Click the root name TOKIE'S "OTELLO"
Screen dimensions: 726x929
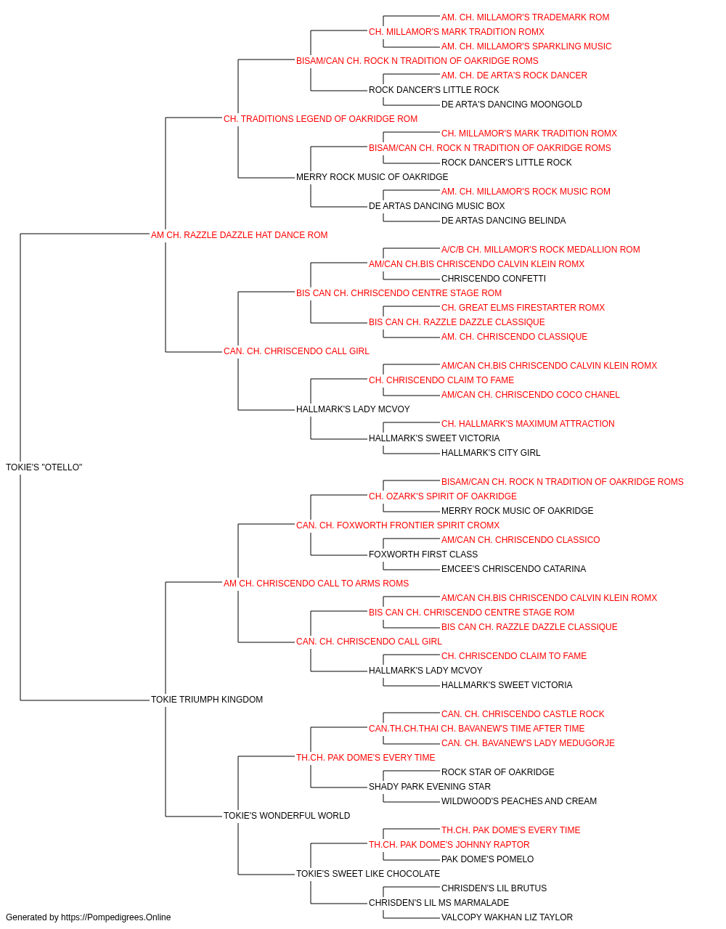click(44, 467)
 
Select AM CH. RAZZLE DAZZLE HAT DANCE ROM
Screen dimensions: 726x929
click(239, 234)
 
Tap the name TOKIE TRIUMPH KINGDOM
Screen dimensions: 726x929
click(206, 700)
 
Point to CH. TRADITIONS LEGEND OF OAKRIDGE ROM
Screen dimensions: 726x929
click(320, 119)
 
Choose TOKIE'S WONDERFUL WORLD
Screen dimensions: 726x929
click(287, 816)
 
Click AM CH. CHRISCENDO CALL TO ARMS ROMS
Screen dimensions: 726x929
click(316, 583)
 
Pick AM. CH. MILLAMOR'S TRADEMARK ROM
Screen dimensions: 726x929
click(525, 17)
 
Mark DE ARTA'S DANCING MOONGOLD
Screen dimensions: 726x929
click(511, 105)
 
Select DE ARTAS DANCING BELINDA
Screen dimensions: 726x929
click(503, 220)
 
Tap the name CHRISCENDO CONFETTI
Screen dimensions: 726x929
click(494, 278)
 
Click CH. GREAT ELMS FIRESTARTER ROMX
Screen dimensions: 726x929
click(523, 308)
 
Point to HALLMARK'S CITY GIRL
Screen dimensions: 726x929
click(491, 452)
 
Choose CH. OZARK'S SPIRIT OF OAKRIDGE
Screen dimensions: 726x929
click(443, 496)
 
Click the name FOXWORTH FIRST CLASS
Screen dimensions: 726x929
click(423, 554)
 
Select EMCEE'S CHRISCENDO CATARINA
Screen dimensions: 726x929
click(513, 568)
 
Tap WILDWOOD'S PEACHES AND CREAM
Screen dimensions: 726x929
click(518, 801)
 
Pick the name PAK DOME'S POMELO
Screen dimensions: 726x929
click(487, 859)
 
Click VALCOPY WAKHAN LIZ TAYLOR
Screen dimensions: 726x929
click(507, 917)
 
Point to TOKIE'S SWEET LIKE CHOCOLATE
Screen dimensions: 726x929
click(367, 873)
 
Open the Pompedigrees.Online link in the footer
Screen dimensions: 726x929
click(116, 917)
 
